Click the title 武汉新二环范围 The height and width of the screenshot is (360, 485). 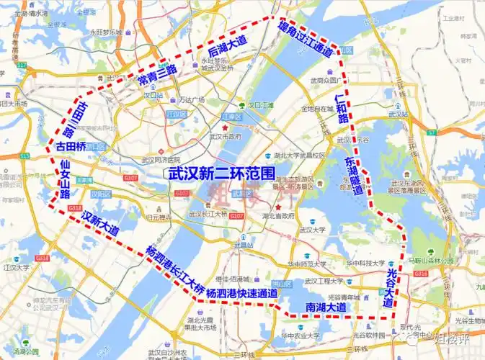221,173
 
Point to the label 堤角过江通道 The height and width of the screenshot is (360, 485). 306,39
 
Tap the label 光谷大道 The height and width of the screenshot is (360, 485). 391,288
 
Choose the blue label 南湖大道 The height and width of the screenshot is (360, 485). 326,307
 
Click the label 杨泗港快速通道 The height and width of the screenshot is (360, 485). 241,293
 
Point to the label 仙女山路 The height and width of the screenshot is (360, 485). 65,179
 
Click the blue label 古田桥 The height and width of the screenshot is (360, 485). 71,146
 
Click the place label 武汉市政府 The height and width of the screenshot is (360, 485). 223,135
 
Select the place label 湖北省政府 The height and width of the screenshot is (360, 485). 278,215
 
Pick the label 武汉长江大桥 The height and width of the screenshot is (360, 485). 207,214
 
